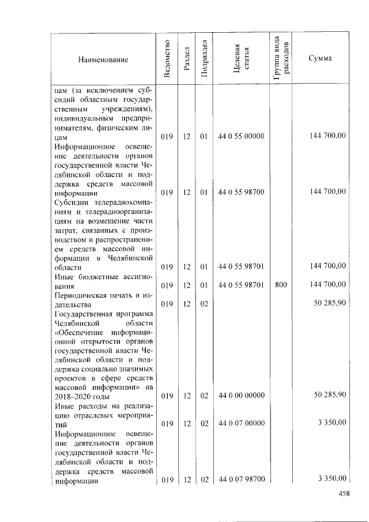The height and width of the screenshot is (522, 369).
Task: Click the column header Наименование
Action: [x=103, y=59]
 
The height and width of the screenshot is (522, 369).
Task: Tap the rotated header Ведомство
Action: [x=167, y=59]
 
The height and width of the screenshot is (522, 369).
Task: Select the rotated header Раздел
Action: [x=186, y=59]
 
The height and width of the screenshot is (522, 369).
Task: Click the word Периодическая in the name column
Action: [x=78, y=295]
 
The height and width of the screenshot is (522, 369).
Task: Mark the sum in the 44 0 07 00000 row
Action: [x=332, y=423]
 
